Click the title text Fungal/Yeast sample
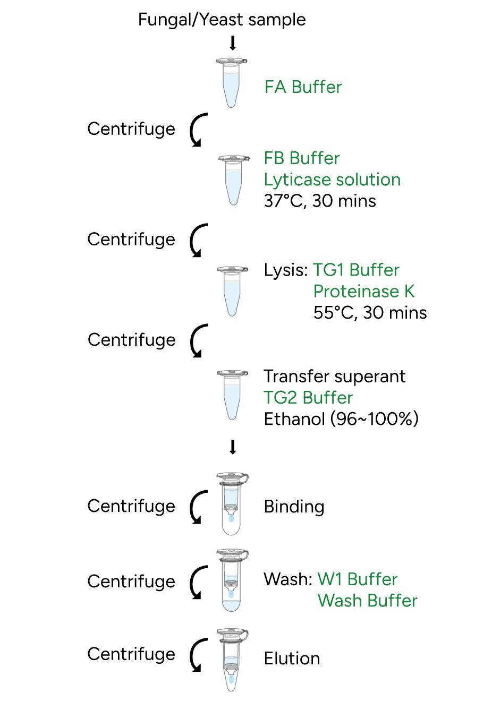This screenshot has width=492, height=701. [x=222, y=20]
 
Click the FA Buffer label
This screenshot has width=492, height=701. [x=303, y=87]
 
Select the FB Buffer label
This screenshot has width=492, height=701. [x=301, y=158]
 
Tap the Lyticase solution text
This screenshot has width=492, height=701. [x=332, y=179]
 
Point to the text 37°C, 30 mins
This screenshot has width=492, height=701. [x=320, y=201]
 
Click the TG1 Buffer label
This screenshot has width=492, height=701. [x=356, y=270]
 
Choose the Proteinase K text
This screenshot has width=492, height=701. [x=364, y=291]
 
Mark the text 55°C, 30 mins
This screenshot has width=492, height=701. [x=370, y=313]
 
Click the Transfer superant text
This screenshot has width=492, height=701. [x=334, y=376]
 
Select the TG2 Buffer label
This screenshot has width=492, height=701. [x=308, y=398]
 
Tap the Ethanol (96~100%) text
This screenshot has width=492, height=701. [x=341, y=419]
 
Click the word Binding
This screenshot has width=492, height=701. [x=294, y=507]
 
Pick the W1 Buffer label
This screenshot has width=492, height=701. [x=357, y=579]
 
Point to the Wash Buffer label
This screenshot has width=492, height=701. [x=367, y=601]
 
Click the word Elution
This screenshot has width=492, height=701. [x=292, y=659]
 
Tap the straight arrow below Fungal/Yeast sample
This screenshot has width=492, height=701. [x=232, y=43]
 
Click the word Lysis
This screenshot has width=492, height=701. [x=285, y=270]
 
